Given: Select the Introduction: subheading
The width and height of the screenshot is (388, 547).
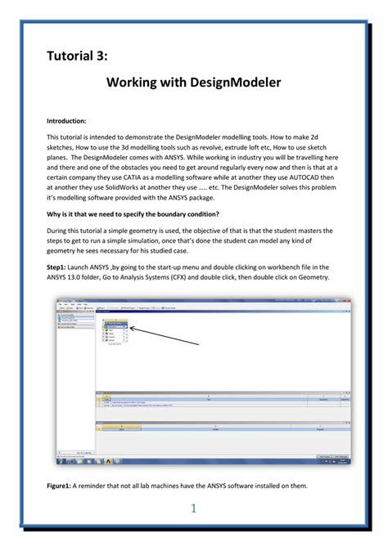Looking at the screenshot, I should [66, 121].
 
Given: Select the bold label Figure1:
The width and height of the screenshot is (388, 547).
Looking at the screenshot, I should [61, 486].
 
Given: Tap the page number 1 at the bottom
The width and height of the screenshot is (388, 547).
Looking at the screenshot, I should [194, 509].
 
